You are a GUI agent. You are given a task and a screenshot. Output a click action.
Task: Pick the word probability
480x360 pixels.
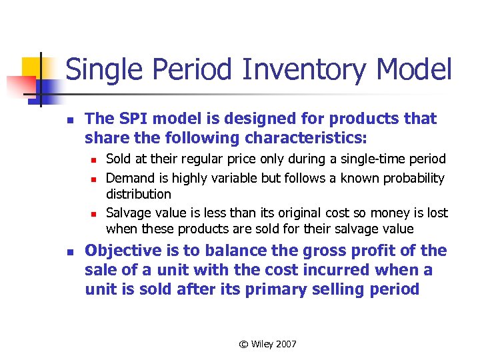408,178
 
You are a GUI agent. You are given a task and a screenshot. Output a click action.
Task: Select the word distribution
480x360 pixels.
139,194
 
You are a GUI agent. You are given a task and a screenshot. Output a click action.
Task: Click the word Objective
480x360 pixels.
123,251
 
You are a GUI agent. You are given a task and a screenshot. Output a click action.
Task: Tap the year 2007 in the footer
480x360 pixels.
285,344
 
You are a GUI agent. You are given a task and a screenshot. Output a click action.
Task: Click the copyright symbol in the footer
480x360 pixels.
243,344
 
